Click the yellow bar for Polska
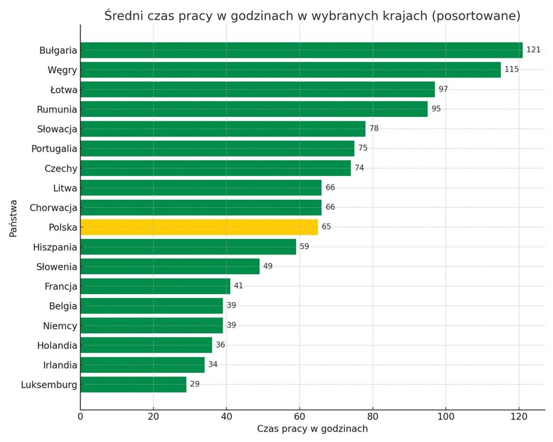coord(199,227)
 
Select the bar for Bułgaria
coord(301,50)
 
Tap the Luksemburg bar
coord(133,384)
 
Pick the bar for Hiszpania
coord(188,247)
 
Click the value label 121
coord(534,50)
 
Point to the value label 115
coord(512,69)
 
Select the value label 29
coord(195,384)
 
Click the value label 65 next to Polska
coord(326,227)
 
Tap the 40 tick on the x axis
coord(227,416)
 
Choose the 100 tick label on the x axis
coord(446,416)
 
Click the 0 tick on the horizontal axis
coord(81,416)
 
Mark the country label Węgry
coord(62,70)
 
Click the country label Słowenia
coord(57,267)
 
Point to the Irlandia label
coord(60,365)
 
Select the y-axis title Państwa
coord(14,218)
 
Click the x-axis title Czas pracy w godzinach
coord(312,429)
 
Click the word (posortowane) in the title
coord(475,16)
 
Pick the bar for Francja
coord(155,286)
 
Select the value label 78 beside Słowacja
coord(374,128)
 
